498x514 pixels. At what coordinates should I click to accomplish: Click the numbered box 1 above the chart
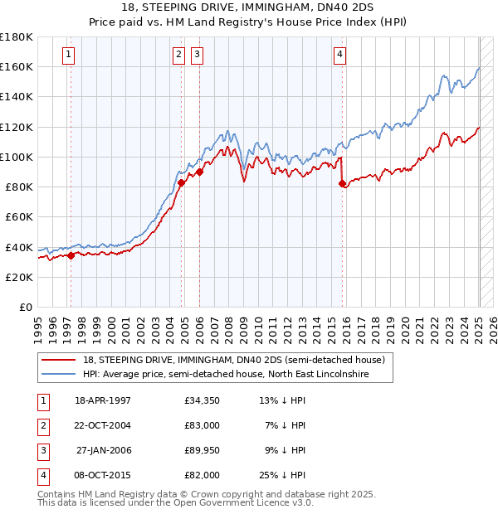click(67, 55)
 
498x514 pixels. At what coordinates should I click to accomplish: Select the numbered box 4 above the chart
click(340, 55)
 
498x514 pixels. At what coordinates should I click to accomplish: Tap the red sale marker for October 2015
click(343, 184)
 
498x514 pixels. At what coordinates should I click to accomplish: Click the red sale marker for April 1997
click(71, 255)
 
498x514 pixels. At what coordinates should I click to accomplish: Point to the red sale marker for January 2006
click(200, 172)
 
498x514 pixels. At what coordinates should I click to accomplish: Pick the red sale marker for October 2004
click(181, 182)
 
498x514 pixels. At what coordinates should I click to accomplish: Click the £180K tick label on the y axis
click(16, 37)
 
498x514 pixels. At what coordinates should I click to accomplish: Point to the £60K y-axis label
click(18, 216)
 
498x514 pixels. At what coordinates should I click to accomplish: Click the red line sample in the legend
click(58, 361)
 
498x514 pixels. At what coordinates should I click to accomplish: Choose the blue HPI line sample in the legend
click(58, 375)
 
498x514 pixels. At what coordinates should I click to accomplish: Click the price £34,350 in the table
click(202, 401)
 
